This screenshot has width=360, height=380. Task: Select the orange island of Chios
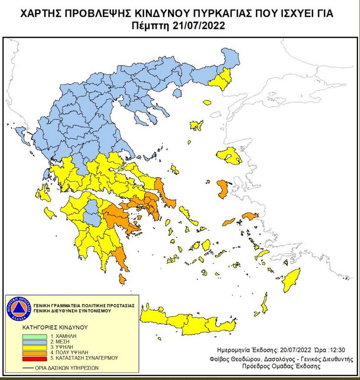point(222,188)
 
